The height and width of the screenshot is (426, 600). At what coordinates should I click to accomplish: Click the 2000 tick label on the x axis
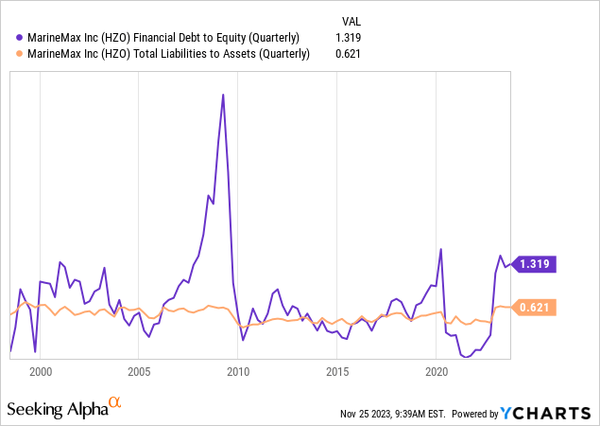tap(40, 371)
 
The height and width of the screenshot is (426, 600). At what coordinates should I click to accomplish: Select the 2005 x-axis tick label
tap(139, 371)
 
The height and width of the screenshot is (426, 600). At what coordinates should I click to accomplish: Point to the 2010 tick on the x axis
tap(237, 371)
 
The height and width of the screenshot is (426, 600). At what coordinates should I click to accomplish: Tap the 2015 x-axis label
tap(336, 371)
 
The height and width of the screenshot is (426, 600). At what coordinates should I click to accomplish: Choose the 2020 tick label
tap(436, 371)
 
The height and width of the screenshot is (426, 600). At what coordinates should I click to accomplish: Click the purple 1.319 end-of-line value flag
tap(536, 264)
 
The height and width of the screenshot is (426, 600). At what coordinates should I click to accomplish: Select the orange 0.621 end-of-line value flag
tap(536, 307)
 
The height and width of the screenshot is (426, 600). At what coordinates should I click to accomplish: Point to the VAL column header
tap(349, 20)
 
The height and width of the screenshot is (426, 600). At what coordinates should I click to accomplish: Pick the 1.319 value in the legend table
tap(349, 38)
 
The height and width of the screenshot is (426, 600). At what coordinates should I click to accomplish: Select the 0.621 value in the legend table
tap(349, 54)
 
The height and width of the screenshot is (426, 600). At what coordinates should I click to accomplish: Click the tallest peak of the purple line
tap(223, 95)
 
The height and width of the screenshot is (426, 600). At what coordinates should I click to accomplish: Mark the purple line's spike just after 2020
tap(441, 250)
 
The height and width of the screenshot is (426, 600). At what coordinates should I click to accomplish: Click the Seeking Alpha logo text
tap(57, 409)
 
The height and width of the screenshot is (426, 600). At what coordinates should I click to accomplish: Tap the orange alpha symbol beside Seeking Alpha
tap(115, 403)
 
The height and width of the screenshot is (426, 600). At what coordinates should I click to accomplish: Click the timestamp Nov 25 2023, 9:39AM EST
tap(392, 414)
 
